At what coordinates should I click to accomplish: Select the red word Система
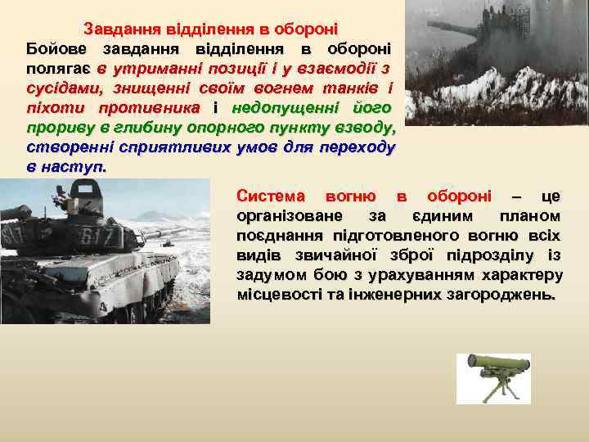pyautogui.click(x=270, y=196)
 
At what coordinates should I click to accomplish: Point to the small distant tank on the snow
pyautogui.click(x=166, y=242)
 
